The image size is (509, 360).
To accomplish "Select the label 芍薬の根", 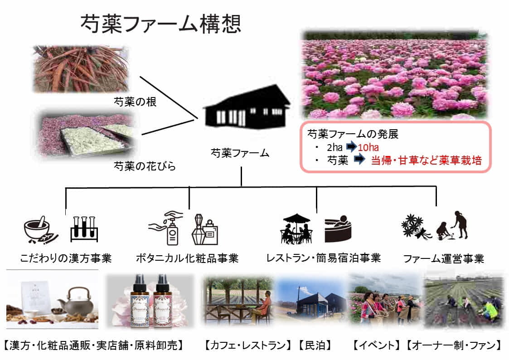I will coord(135,102).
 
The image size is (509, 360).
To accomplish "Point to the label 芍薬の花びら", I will coord(144,166).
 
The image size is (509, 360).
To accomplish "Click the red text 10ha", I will coord(368,148).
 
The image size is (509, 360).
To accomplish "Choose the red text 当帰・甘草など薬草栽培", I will coord(426,161).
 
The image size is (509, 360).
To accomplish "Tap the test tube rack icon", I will coord(84,229).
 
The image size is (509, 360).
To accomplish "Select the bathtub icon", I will coord(338,229).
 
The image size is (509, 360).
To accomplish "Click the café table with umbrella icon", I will coord(296,229).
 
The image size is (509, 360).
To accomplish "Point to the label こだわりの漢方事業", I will coord(66,258).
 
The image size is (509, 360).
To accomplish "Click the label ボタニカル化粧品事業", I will coord(187,258).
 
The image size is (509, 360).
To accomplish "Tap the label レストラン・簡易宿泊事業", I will coord(323,258).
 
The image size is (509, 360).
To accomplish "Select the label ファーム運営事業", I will coord(443,259).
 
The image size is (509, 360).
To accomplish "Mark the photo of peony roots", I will coord(81,68).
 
